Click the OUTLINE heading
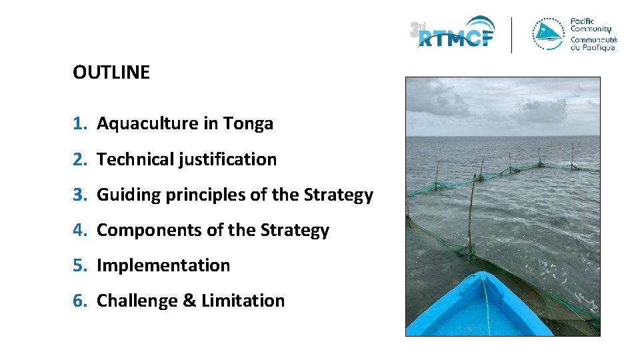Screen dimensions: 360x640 pyautogui.click(x=111, y=73)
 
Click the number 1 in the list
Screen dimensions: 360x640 pyautogui.click(x=79, y=124)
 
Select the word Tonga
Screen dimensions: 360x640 pyautogui.click(x=248, y=124)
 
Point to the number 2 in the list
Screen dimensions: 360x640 pyautogui.click(x=79, y=159)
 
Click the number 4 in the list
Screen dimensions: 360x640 pyautogui.click(x=79, y=231)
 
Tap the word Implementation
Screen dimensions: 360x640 pyautogui.click(x=163, y=265)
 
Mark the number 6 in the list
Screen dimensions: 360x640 pyautogui.click(x=79, y=301)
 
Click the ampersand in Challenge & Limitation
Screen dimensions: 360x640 pyautogui.click(x=189, y=301)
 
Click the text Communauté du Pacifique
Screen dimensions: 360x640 pyautogui.click(x=593, y=43)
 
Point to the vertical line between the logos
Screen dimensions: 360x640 pyautogui.click(x=511, y=35)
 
